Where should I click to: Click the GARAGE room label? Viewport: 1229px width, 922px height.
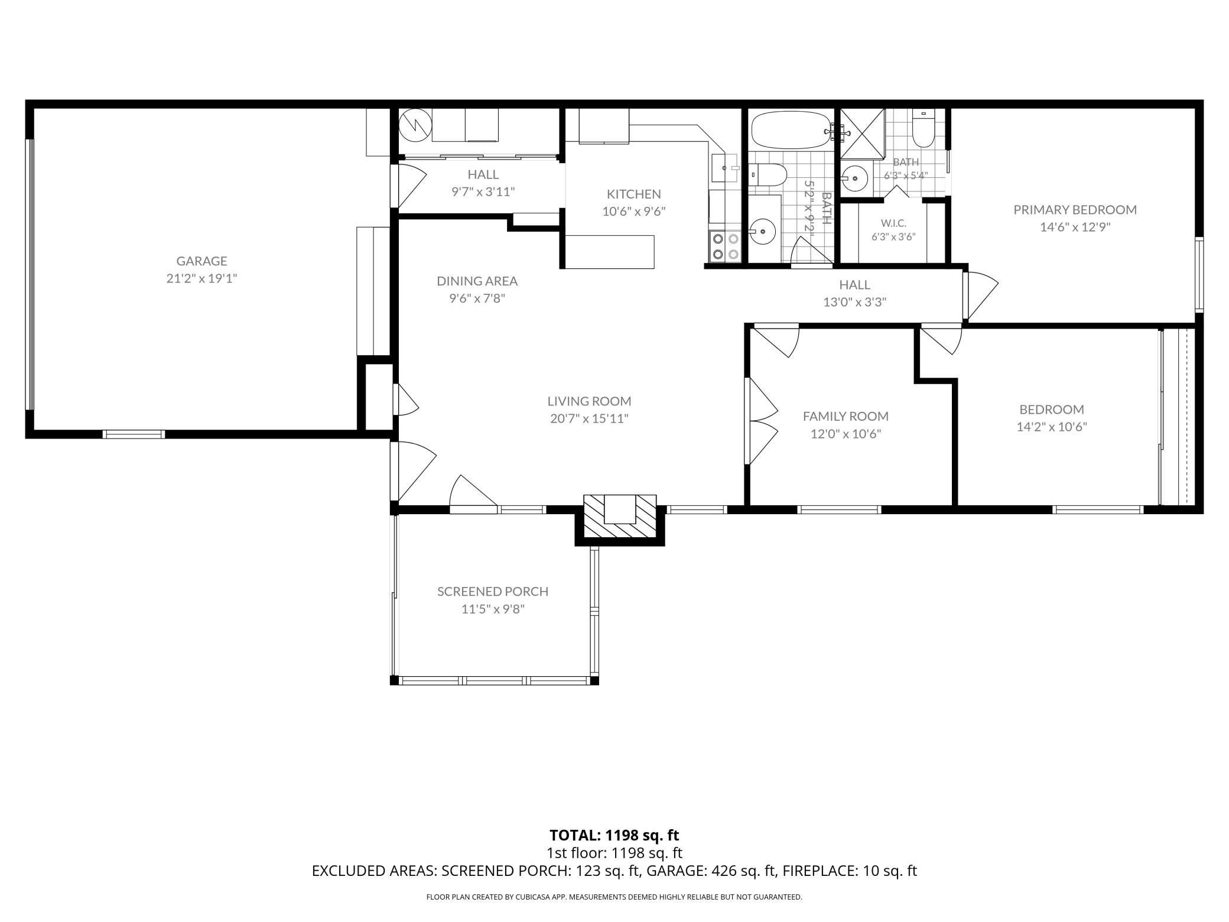201,261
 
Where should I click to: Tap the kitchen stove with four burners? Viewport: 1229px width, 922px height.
725,246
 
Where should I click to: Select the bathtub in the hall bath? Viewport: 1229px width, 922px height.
792,130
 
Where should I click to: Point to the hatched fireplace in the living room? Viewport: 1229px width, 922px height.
620,516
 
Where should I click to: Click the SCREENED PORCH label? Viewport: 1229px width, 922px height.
493,591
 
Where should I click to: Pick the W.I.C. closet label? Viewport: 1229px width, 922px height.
893,223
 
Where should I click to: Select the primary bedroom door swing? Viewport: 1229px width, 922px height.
981,296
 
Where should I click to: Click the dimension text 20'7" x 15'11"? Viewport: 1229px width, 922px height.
589,419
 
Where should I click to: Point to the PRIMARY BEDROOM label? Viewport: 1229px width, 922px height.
1075,210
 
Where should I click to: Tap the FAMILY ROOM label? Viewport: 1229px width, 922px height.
846,416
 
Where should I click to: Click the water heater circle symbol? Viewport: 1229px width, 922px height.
415,125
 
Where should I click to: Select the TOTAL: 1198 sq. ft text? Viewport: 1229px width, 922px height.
614,835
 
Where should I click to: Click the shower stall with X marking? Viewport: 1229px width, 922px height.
863,134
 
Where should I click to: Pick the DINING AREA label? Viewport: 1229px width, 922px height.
477,281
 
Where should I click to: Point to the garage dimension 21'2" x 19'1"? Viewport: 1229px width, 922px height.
201,278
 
